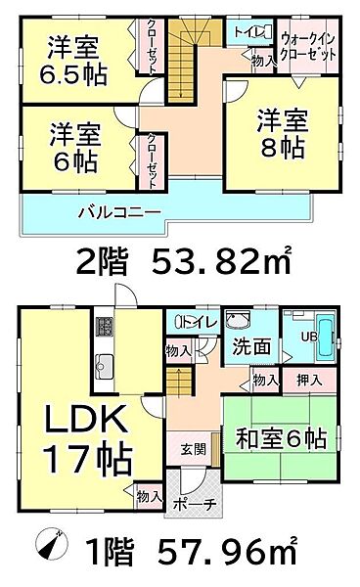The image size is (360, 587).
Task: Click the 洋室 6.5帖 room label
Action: click(x=73, y=62)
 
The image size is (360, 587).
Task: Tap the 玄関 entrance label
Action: click(x=193, y=449)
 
